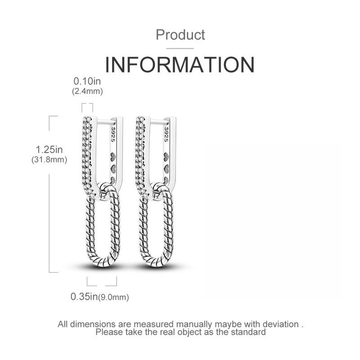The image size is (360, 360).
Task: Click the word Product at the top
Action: tap(180, 35)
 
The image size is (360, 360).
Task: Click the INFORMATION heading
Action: tap(180, 64)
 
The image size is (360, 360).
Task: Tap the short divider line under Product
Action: tap(180, 49)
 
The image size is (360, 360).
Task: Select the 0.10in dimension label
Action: tap(87, 81)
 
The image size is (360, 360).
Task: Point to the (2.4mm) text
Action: tap(87, 91)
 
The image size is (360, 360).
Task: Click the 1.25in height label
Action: tap(49, 149)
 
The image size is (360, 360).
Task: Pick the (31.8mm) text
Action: tap(49, 159)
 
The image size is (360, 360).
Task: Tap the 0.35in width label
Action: tap(84, 297)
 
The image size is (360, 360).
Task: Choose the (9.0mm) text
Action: tap(113, 297)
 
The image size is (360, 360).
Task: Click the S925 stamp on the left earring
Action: tap(113, 134)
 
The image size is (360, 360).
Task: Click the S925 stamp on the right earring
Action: tap(166, 134)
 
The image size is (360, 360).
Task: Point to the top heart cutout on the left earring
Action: tap(113, 157)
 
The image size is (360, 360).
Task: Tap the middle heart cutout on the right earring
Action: tap(166, 169)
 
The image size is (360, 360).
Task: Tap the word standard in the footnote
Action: tap(248, 332)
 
